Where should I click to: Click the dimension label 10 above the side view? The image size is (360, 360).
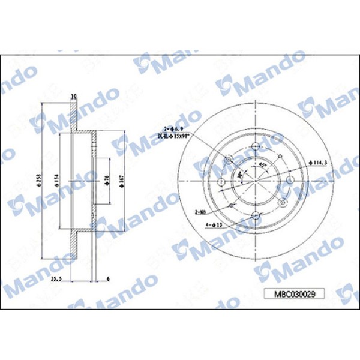(x=74, y=97)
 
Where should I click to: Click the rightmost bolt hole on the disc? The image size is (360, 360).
(x=289, y=181)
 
